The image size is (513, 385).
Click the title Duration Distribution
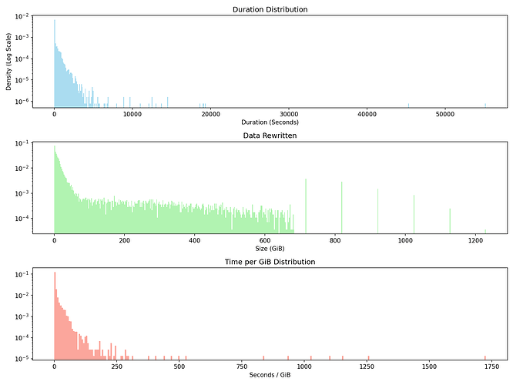(274, 9)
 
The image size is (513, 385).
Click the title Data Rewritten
(274, 136)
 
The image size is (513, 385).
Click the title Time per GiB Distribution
(274, 262)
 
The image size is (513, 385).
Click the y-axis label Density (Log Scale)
(8, 61)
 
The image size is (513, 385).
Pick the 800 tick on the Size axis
(335, 239)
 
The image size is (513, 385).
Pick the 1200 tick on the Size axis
(476, 239)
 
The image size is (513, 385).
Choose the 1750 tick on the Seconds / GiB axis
(491, 366)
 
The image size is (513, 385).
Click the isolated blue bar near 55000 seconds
(485, 104)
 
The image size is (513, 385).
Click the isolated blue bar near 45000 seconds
(408, 104)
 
